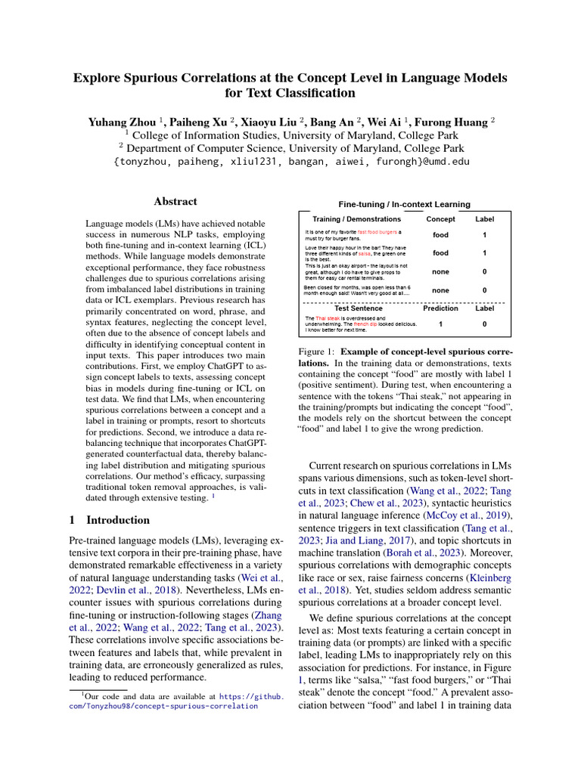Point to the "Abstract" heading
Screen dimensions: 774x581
[x=176, y=202]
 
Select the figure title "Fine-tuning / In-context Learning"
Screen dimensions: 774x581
[x=404, y=204]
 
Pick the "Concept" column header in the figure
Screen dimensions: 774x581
[x=440, y=219]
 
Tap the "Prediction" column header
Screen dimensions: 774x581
[x=440, y=308]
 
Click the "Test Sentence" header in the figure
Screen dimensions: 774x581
[x=358, y=308]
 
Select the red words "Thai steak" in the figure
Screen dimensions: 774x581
[x=329, y=319]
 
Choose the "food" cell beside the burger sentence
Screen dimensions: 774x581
[x=440, y=235]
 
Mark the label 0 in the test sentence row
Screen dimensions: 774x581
[x=484, y=324]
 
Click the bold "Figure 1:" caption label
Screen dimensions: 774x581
[x=318, y=352]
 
